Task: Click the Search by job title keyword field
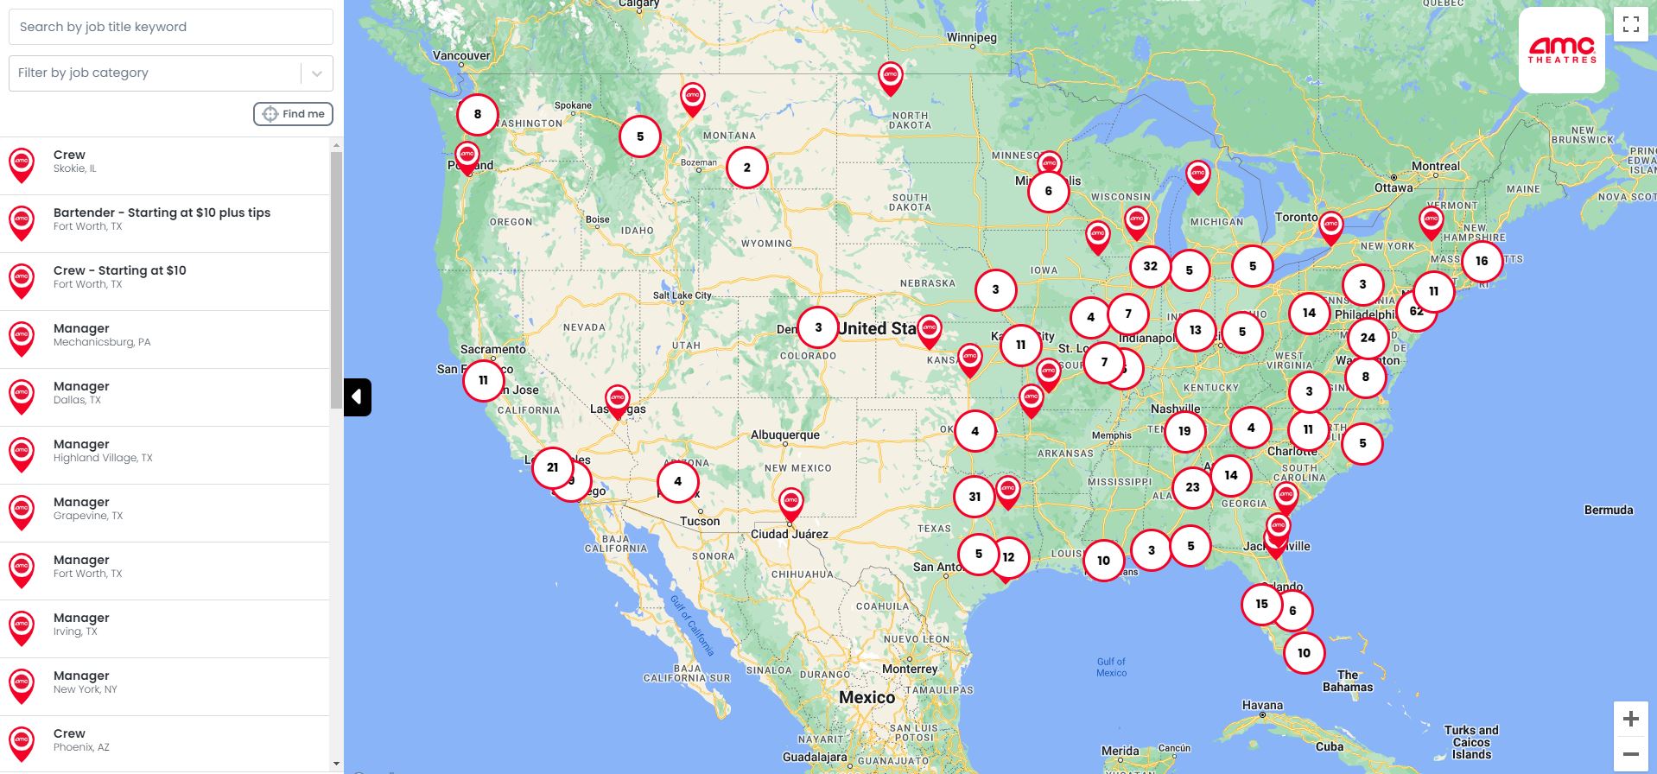click(x=170, y=27)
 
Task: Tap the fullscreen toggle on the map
click(x=1630, y=24)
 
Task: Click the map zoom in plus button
click(x=1630, y=719)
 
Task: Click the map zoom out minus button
click(x=1630, y=754)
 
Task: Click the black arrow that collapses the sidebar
click(x=357, y=397)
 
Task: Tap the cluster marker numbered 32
click(x=1150, y=266)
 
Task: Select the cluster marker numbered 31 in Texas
click(x=975, y=497)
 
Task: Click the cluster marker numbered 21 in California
click(x=552, y=467)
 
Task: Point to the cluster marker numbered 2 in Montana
click(x=747, y=168)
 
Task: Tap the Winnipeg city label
click(x=971, y=38)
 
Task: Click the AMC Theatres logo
click(x=1561, y=50)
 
